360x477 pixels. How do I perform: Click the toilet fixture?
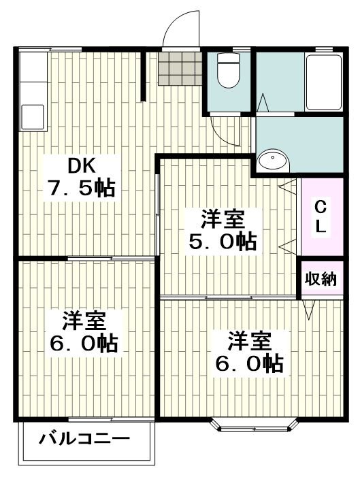click(x=227, y=71)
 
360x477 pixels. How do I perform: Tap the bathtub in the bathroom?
click(x=323, y=82)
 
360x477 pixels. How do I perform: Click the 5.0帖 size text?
click(x=222, y=242)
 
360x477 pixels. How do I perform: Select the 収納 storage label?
click(x=320, y=279)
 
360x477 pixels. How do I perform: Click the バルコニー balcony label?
click(x=84, y=438)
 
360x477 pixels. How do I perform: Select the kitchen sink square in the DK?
click(x=32, y=116)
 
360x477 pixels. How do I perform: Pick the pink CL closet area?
click(x=321, y=217)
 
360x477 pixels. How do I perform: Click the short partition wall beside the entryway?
click(x=143, y=75)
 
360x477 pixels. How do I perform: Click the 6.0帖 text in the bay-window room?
click(x=249, y=363)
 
